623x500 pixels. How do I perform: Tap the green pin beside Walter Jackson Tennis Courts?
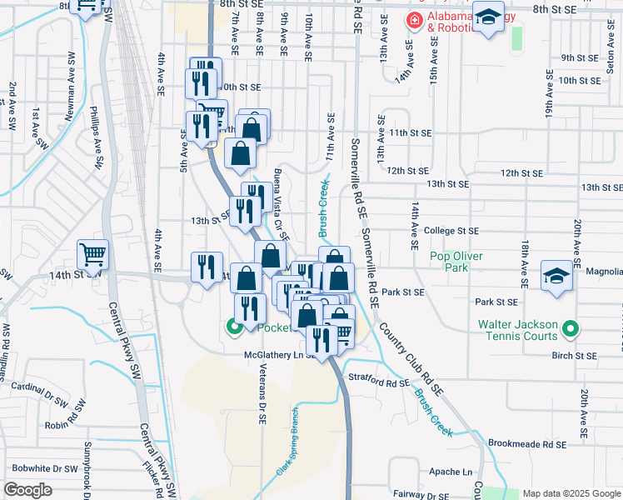(570, 330)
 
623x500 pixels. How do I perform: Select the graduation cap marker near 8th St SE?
(489, 16)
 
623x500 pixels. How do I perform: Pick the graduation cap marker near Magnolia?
(556, 276)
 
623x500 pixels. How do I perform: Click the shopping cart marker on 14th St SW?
(93, 253)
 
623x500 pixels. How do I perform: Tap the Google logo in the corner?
(28, 489)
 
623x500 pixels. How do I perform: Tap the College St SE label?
(451, 231)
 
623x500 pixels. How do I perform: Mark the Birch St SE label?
(575, 356)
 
